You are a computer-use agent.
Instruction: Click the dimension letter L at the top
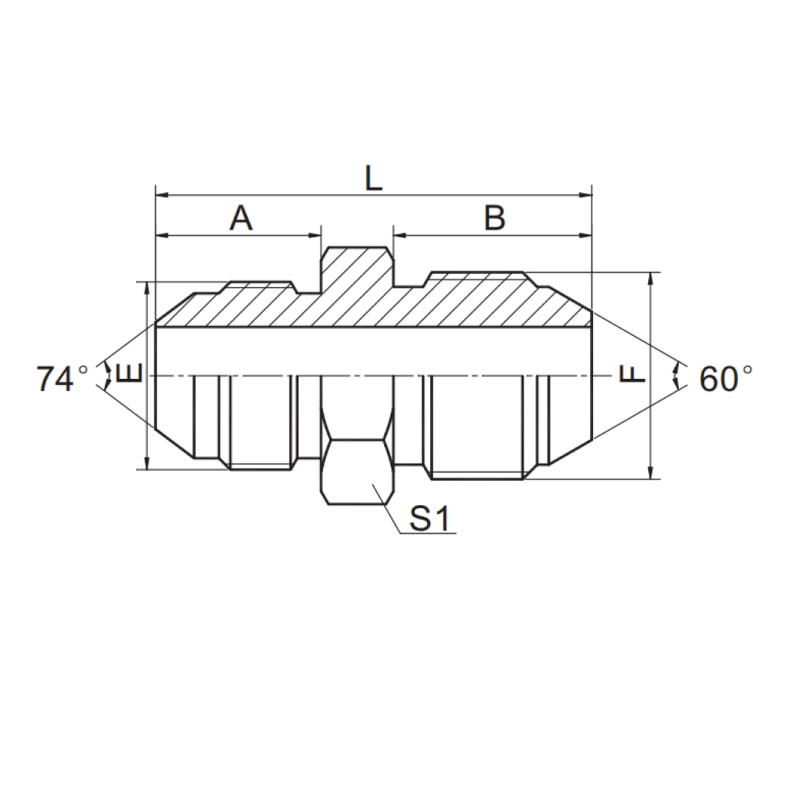tap(373, 178)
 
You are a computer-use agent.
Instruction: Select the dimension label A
tap(241, 219)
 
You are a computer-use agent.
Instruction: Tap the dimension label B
tap(494, 219)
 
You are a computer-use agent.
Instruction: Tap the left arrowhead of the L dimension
tap(161, 196)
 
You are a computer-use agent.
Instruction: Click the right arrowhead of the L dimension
tap(587, 196)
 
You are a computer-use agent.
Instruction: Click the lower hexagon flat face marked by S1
tap(357, 471)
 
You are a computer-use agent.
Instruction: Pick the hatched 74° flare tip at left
tap(176, 312)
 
